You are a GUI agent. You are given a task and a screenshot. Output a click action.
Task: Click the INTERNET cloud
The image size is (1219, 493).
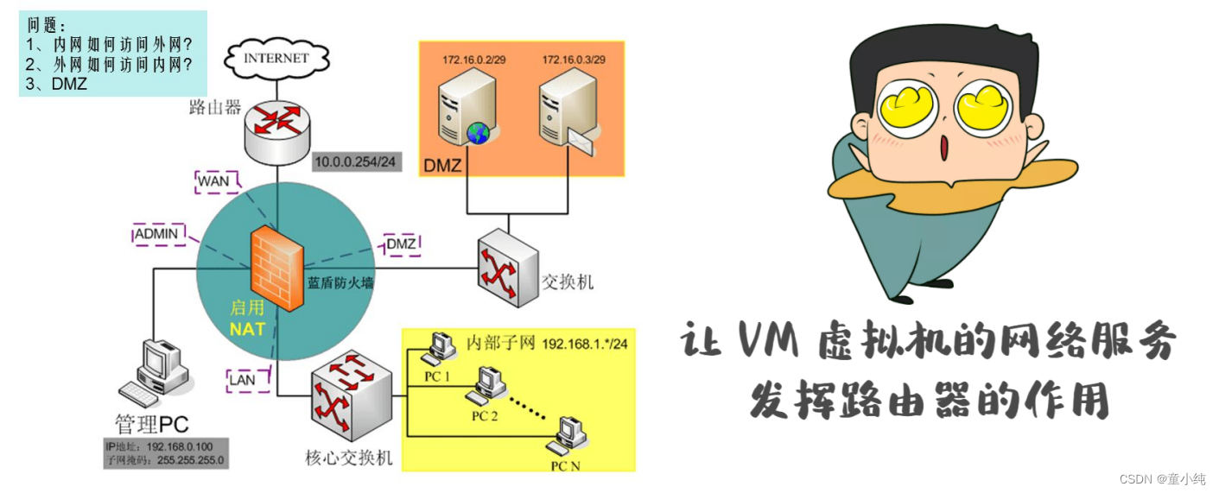(x=276, y=59)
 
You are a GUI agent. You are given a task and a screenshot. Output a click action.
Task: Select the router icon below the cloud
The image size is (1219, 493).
(x=276, y=128)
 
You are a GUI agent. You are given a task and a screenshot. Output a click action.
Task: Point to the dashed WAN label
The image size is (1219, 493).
(x=214, y=181)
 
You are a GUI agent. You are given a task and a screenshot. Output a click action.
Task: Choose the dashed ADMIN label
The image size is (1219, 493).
(x=156, y=233)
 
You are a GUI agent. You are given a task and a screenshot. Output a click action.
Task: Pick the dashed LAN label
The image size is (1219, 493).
(x=241, y=378)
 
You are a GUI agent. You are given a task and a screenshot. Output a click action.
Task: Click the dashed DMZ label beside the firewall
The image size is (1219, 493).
(x=401, y=244)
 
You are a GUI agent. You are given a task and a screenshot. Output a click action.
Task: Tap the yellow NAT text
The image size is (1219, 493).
(x=247, y=329)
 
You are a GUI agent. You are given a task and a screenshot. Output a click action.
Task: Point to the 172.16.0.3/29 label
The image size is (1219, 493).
(x=573, y=60)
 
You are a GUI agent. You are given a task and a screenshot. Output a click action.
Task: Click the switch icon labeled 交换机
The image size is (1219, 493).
(x=506, y=268)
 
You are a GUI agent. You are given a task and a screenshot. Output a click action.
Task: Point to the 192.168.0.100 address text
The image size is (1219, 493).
(x=185, y=447)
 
